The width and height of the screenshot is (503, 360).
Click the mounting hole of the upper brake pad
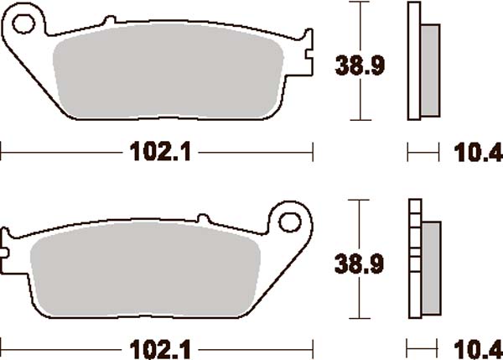pyautogui.click(x=24, y=20)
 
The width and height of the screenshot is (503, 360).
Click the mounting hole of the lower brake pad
pyautogui.click(x=290, y=222)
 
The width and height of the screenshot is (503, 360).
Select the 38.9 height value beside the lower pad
pyautogui.click(x=359, y=265)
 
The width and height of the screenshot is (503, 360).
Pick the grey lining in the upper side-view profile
pyautogui.click(x=428, y=70)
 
